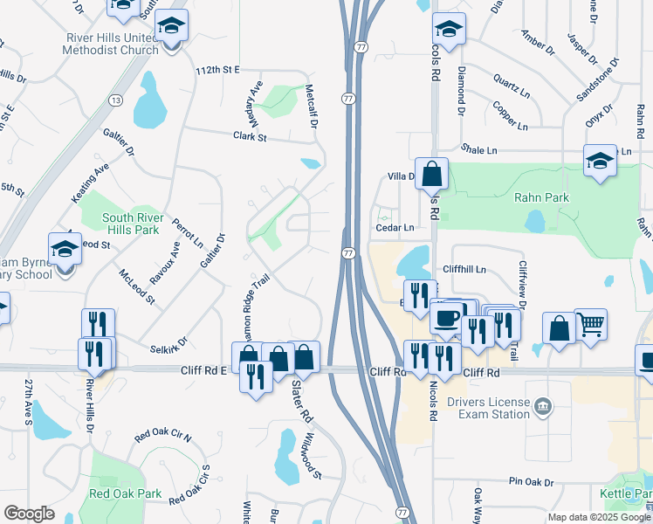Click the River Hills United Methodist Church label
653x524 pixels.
(x=110, y=44)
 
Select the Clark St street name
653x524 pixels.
(x=249, y=136)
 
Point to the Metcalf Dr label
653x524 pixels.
(x=310, y=106)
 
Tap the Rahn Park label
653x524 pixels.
(x=541, y=197)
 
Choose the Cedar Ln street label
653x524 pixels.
(x=394, y=227)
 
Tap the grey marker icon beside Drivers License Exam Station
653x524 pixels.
(x=543, y=406)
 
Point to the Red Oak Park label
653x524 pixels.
(x=125, y=493)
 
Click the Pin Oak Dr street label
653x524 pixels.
(x=532, y=482)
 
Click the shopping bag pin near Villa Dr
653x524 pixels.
(x=431, y=173)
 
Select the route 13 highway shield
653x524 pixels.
(x=115, y=100)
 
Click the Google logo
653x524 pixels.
(x=29, y=514)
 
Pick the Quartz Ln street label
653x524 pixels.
(x=512, y=85)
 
